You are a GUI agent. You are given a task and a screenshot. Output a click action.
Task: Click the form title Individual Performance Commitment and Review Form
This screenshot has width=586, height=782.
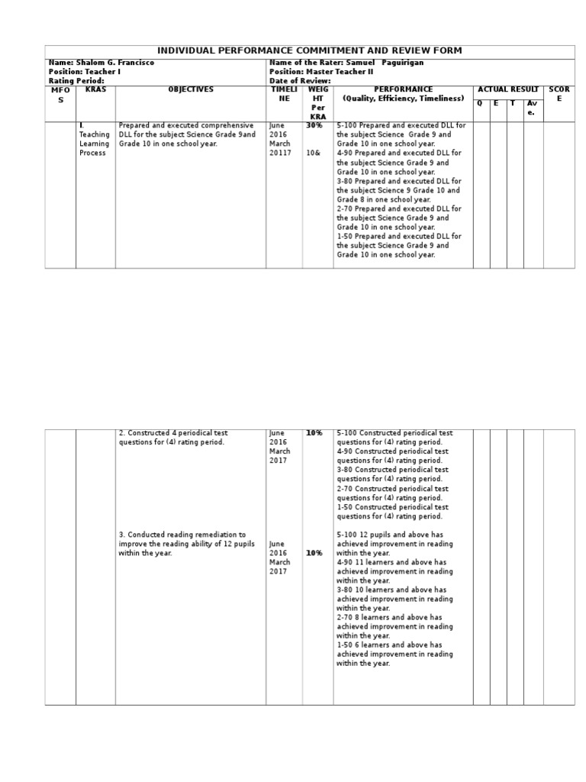[x=309, y=51]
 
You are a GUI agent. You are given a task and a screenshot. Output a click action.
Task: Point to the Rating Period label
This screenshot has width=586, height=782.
[x=76, y=81]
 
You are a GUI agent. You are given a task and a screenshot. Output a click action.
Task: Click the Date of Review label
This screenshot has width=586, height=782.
[x=300, y=81]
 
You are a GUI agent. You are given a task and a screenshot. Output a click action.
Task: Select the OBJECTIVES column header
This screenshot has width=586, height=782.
[x=191, y=90]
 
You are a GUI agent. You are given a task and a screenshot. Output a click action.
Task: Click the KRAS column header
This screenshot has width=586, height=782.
[x=95, y=90]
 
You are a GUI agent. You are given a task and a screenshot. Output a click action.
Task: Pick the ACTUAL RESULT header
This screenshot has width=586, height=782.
[x=507, y=90]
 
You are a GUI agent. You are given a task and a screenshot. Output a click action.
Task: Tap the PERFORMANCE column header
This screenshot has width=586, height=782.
[x=403, y=94]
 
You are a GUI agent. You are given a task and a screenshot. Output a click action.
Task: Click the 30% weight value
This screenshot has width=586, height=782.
[x=314, y=125]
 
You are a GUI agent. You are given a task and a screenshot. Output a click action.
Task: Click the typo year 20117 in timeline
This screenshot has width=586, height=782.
[x=281, y=153]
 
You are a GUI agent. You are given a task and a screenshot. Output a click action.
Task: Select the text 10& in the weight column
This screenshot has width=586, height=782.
[x=313, y=153]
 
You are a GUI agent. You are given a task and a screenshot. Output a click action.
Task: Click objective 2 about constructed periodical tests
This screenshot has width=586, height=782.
[x=174, y=438]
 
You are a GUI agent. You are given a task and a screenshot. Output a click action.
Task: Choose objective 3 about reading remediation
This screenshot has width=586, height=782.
[x=182, y=544]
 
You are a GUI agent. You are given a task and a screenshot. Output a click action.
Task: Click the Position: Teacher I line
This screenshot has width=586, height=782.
[x=85, y=72]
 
